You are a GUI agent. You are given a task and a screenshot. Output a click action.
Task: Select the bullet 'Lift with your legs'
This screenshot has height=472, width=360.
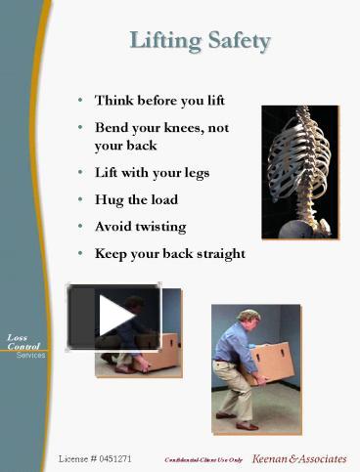(x=152, y=172)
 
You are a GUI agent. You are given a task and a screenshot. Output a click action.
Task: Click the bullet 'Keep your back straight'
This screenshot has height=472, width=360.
(x=169, y=253)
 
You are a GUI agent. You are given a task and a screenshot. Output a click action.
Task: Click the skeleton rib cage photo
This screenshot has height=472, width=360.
(x=299, y=171)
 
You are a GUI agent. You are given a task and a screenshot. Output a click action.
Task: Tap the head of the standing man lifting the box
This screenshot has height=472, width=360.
(x=248, y=319)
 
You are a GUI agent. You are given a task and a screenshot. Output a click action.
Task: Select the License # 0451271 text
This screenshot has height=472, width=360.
(x=95, y=457)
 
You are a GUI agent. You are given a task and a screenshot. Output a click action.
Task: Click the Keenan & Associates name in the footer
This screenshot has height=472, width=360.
(x=299, y=457)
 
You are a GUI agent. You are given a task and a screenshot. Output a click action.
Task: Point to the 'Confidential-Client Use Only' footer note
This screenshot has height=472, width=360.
(x=203, y=458)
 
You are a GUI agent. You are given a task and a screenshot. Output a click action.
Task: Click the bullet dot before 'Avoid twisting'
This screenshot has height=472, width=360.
(x=80, y=227)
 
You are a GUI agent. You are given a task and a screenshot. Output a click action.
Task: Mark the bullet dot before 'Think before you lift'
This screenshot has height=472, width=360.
(x=80, y=100)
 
